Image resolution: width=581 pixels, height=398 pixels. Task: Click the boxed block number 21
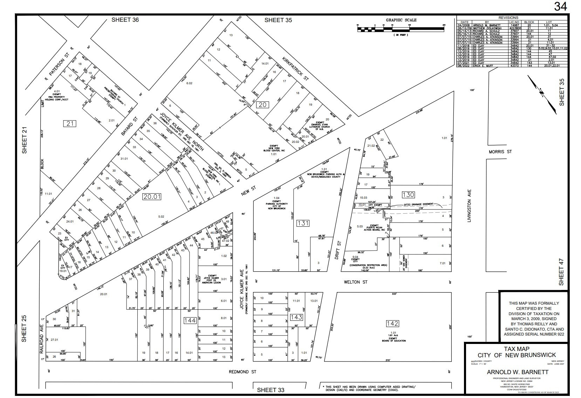(x=70, y=123)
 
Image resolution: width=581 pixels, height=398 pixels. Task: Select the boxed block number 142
(x=392, y=324)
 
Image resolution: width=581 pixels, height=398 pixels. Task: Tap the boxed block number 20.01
(x=152, y=197)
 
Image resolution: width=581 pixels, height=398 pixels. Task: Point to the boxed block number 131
(x=303, y=223)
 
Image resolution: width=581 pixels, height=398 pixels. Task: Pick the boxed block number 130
(x=408, y=194)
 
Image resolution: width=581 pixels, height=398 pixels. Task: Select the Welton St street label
(x=355, y=282)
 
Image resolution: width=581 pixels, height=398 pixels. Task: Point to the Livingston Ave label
(x=469, y=206)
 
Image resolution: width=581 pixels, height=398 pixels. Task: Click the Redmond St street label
(x=242, y=372)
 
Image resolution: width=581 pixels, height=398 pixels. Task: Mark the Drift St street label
(x=339, y=250)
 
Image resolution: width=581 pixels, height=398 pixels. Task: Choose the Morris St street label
(x=500, y=152)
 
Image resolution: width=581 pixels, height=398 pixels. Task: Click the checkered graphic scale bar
(x=401, y=30)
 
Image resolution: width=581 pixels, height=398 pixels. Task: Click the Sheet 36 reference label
(x=125, y=20)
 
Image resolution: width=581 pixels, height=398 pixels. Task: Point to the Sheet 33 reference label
(x=271, y=390)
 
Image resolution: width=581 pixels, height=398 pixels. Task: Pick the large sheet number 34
(x=560, y=7)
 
